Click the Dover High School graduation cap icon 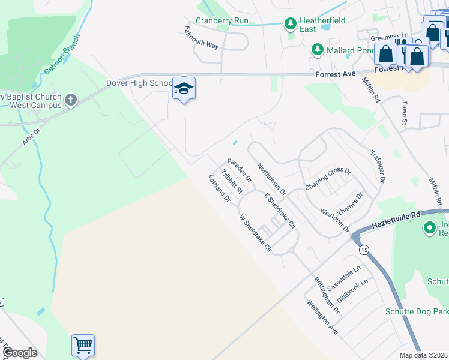(x=184, y=89)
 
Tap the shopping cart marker (x=83, y=345)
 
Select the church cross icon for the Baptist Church (x=71, y=100)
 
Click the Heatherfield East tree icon (x=291, y=24)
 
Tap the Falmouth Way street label (x=202, y=37)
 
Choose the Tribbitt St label (x=231, y=182)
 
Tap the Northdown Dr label (x=271, y=178)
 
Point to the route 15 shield (x=363, y=249)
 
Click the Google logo (x=20, y=353)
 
